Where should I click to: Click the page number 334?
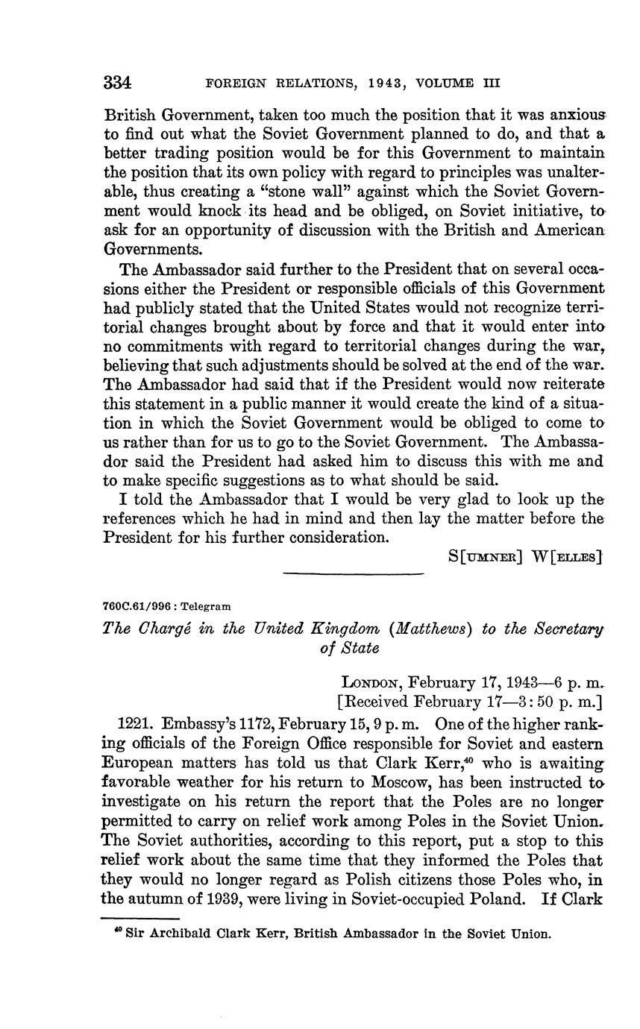[117, 82]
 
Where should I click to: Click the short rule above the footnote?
[140, 919]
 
